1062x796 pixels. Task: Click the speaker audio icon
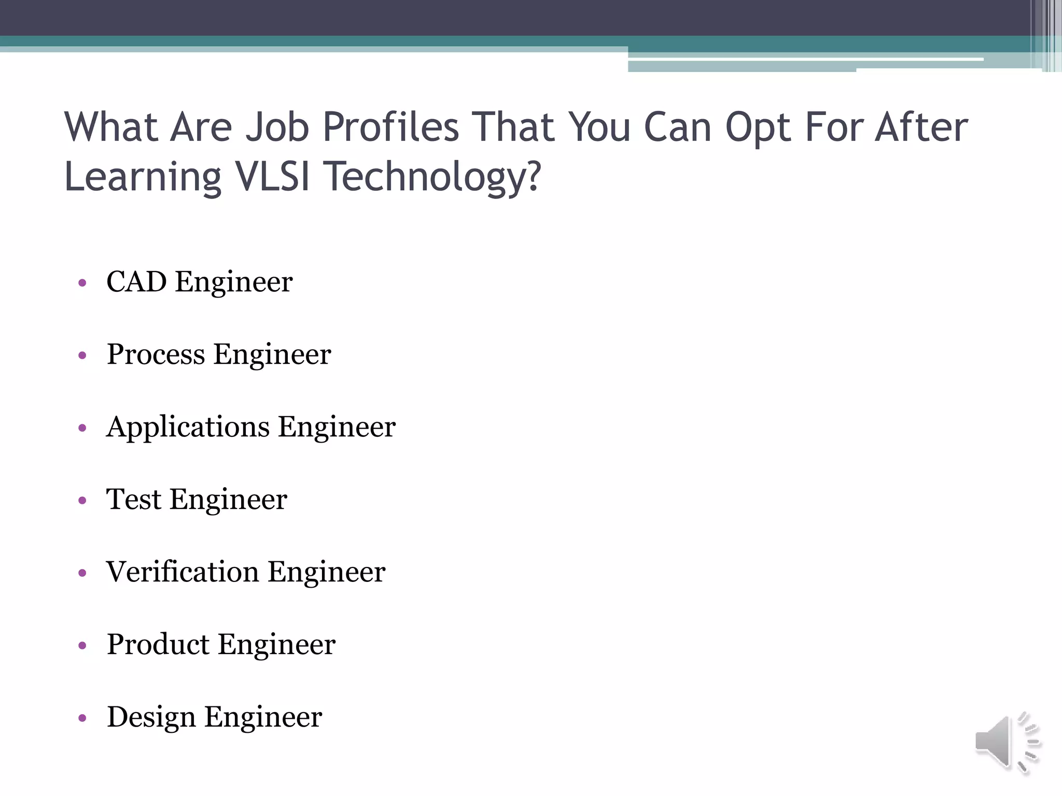[1007, 742]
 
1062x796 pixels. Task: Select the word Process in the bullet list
[156, 354]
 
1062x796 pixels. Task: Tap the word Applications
[188, 428]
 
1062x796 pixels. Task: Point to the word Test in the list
[133, 500]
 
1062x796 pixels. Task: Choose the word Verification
[183, 572]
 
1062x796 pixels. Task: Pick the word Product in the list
[158, 645]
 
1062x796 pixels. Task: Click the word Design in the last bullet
[151, 717]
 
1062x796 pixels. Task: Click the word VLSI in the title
[273, 176]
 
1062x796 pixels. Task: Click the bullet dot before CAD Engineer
[82, 283]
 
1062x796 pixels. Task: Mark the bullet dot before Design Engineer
[82, 718]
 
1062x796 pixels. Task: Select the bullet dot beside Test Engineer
[82, 501]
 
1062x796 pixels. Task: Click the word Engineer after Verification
[326, 573]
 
